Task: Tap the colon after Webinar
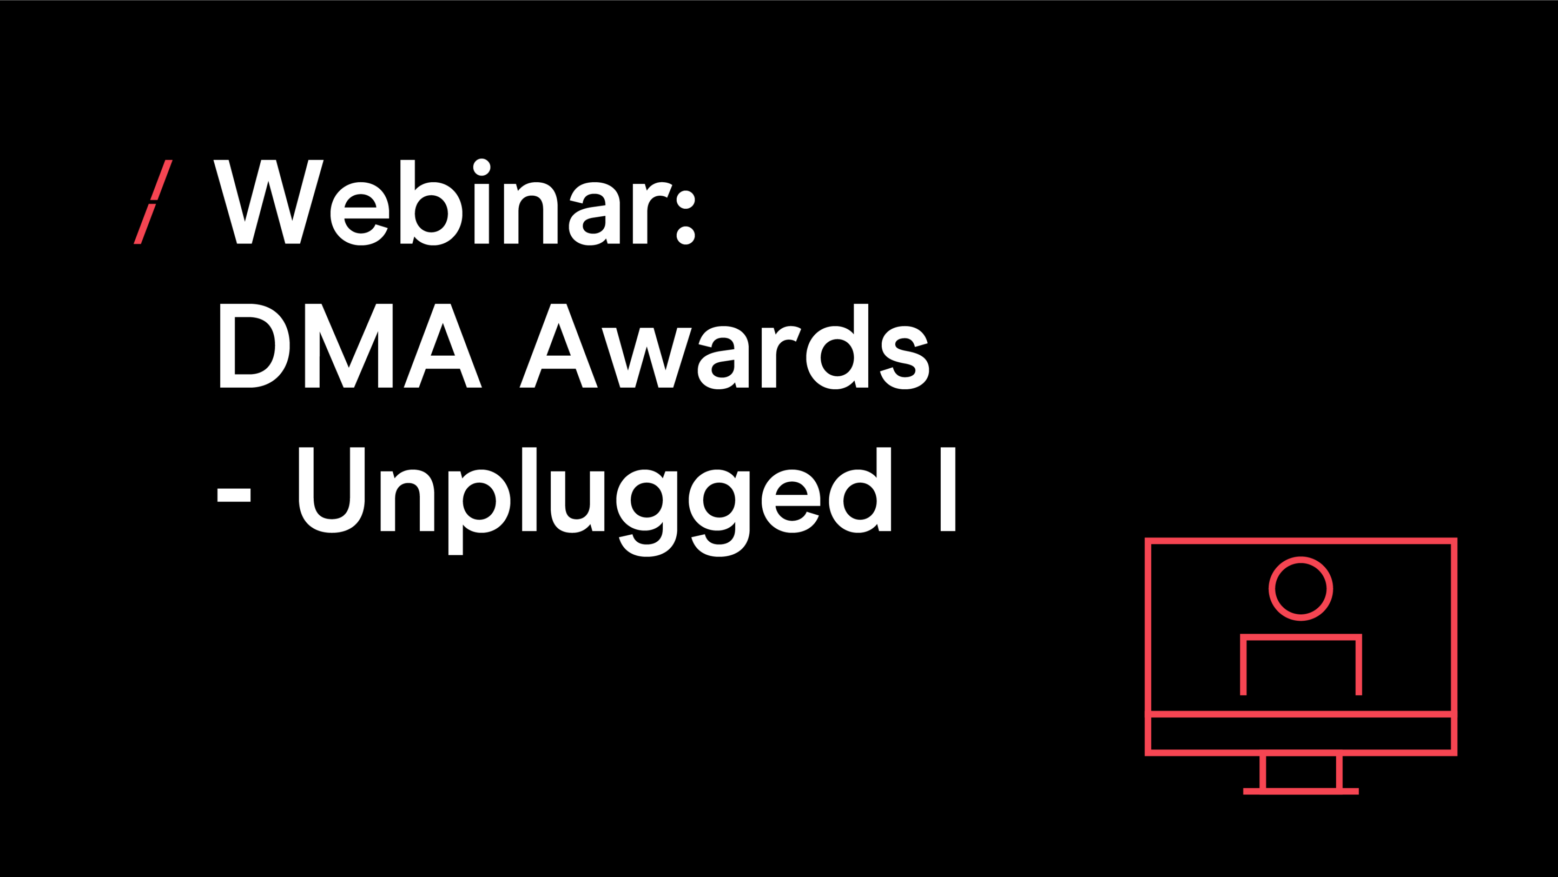tap(685, 215)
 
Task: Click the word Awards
tap(724, 346)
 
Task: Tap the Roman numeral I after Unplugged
tap(948, 489)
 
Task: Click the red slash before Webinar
tap(153, 202)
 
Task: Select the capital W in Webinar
tap(268, 202)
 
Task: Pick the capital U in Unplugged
tap(332, 490)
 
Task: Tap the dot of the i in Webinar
tap(481, 168)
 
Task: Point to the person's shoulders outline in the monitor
tap(1301, 637)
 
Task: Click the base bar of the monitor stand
tap(1301, 791)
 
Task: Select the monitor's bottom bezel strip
tap(1301, 733)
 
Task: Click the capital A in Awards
tap(559, 346)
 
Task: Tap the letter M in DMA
tap(349, 346)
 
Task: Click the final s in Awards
tap(905, 357)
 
